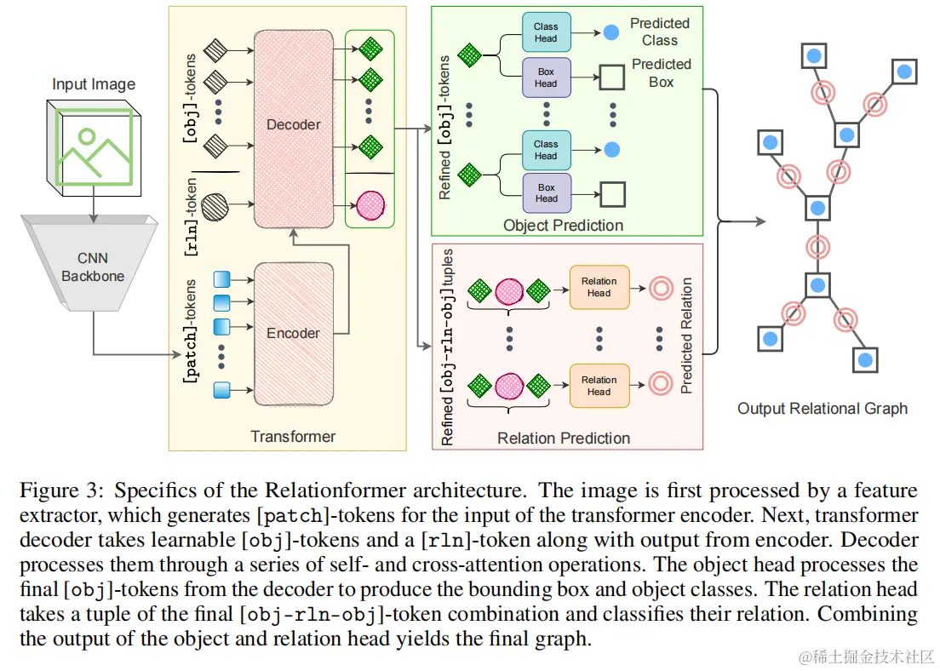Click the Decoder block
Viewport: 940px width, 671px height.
point(294,126)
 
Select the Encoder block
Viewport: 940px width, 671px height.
point(294,333)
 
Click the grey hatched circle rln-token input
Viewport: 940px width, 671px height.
point(216,204)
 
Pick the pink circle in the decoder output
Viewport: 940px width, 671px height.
point(370,204)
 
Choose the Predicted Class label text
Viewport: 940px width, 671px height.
point(660,32)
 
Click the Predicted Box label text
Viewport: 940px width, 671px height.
point(662,73)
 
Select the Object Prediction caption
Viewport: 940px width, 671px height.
point(564,226)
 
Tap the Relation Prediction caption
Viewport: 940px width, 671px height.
point(564,438)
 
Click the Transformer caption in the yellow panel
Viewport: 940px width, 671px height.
point(293,437)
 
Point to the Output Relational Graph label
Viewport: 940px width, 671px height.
point(822,409)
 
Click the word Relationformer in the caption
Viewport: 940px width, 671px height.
point(326,491)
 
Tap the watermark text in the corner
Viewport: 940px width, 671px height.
point(865,657)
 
